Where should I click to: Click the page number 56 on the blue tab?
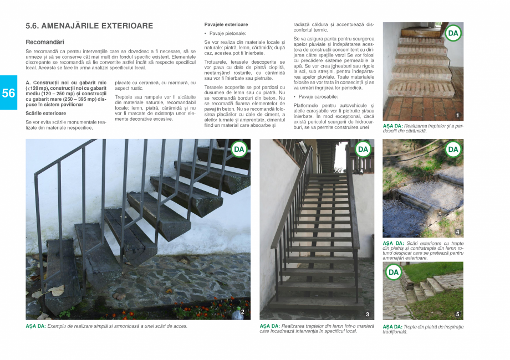[x=8, y=93]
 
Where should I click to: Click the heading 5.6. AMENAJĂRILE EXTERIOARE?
[x=89, y=26]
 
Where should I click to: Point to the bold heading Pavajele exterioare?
[x=226, y=25]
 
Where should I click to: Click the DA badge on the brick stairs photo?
[x=453, y=34]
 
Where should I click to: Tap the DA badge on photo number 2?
[x=239, y=149]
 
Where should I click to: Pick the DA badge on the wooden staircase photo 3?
[x=363, y=149]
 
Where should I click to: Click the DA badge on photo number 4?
[x=453, y=149]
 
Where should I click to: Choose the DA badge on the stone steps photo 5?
[x=393, y=272]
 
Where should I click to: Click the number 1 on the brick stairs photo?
[x=457, y=115]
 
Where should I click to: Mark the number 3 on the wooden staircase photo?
[x=367, y=314]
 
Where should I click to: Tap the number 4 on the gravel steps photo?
[x=457, y=232]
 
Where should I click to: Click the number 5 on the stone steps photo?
[x=457, y=314]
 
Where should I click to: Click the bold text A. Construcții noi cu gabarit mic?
[x=66, y=83]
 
